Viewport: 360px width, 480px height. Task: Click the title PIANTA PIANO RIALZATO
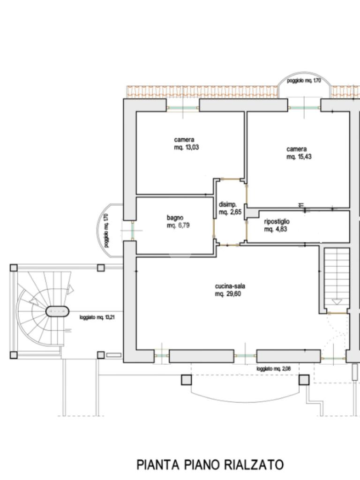[210, 465]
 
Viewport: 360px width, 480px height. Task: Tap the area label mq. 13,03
[187, 147]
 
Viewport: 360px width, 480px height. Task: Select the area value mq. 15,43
[299, 157]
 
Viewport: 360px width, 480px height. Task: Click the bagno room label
[175, 217]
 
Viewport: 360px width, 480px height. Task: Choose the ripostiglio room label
[277, 221]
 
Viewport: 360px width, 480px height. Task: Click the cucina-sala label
[230, 286]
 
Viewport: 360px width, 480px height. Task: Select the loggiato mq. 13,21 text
[97, 318]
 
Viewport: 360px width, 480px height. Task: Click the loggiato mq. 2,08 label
[274, 369]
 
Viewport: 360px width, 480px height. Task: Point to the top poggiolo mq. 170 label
[304, 81]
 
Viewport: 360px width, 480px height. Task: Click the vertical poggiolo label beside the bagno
[106, 231]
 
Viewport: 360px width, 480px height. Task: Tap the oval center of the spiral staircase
[57, 312]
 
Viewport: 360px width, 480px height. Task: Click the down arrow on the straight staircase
[337, 302]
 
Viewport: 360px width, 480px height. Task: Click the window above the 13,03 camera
[183, 108]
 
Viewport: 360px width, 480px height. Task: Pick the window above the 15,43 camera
[304, 108]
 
